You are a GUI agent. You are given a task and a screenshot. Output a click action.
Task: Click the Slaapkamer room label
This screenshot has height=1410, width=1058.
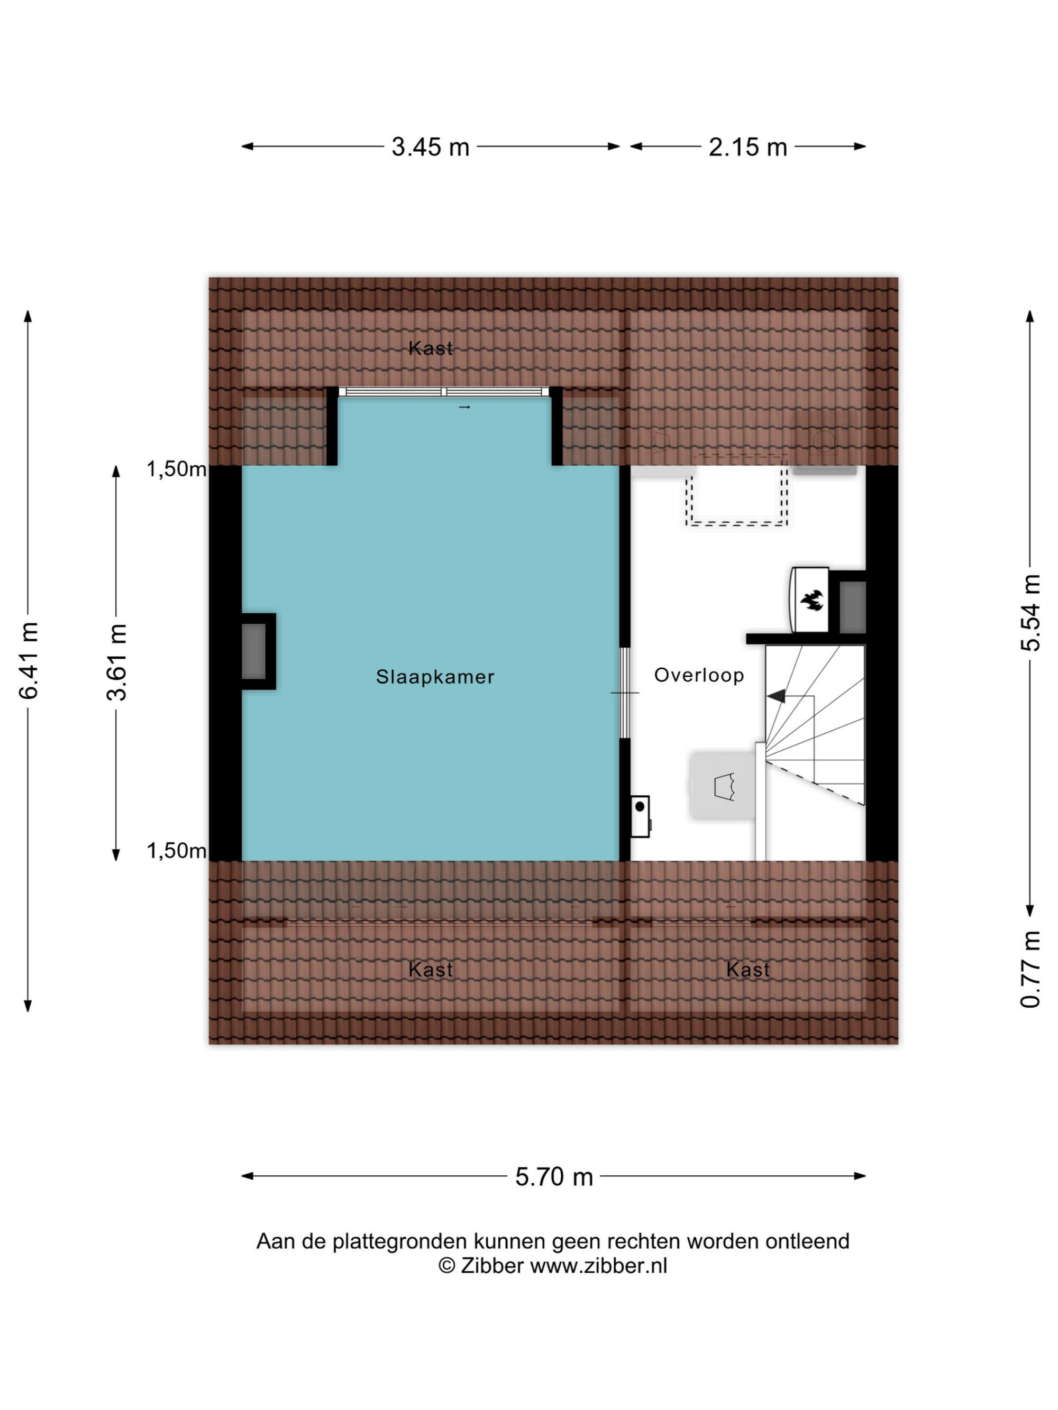(435, 676)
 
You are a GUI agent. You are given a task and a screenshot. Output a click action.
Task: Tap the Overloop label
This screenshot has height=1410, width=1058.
(699, 675)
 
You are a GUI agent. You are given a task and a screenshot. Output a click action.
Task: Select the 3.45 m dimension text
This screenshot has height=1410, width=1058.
(431, 148)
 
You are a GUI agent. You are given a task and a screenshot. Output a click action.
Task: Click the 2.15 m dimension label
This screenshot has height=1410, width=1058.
(747, 148)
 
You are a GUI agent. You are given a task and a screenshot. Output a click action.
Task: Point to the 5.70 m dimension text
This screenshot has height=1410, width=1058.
(554, 1177)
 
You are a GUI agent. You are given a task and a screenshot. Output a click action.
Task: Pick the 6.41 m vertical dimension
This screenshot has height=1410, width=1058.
(29, 661)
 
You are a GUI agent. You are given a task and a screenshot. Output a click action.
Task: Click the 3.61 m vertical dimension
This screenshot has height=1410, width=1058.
(117, 662)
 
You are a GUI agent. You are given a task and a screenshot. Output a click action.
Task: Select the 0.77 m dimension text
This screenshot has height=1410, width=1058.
(1030, 970)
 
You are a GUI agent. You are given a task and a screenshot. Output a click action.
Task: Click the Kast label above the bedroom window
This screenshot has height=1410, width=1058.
(431, 348)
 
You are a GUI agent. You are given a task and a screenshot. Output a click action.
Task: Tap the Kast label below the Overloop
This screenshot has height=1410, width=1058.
(748, 970)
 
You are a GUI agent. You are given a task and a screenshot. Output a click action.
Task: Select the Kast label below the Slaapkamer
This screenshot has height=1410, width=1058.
(431, 970)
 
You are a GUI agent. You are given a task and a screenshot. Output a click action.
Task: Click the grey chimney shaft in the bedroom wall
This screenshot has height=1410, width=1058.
(254, 651)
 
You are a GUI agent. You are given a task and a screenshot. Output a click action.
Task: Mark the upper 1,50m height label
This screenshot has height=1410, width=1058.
(177, 469)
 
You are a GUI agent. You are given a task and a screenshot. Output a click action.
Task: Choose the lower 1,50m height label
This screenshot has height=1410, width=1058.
(177, 850)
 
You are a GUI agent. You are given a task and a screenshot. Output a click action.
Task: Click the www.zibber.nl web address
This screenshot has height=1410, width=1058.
(599, 1265)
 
